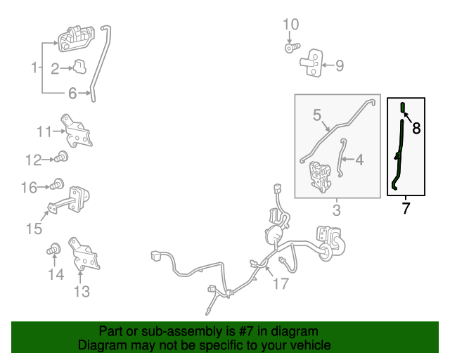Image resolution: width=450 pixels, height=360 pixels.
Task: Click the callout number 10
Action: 290,25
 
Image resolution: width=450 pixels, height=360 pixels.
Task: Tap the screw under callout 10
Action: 292,48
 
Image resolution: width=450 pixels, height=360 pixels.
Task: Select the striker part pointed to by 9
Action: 311,63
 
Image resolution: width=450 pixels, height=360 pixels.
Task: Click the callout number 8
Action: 416,128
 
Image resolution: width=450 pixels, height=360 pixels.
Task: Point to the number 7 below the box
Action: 405,208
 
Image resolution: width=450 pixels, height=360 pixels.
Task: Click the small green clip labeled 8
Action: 403,108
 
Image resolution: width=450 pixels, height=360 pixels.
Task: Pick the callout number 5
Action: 317,115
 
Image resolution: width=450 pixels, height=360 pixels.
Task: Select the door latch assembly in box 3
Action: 320,176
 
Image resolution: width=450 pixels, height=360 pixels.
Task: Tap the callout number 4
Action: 359,160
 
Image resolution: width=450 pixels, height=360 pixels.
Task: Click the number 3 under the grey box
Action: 337,210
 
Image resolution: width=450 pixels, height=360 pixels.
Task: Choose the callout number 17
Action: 281,283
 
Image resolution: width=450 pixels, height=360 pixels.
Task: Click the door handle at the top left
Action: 76,39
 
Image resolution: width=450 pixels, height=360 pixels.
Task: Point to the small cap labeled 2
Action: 79,67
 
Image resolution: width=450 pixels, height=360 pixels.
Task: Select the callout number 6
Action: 72,94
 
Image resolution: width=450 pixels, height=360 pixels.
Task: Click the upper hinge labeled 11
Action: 77,131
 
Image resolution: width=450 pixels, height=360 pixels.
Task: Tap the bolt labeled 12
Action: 61,157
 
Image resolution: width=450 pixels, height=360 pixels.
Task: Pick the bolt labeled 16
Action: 57,184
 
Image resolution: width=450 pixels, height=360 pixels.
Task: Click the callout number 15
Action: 34,229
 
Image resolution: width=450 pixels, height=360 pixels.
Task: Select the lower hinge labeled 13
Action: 84,254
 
